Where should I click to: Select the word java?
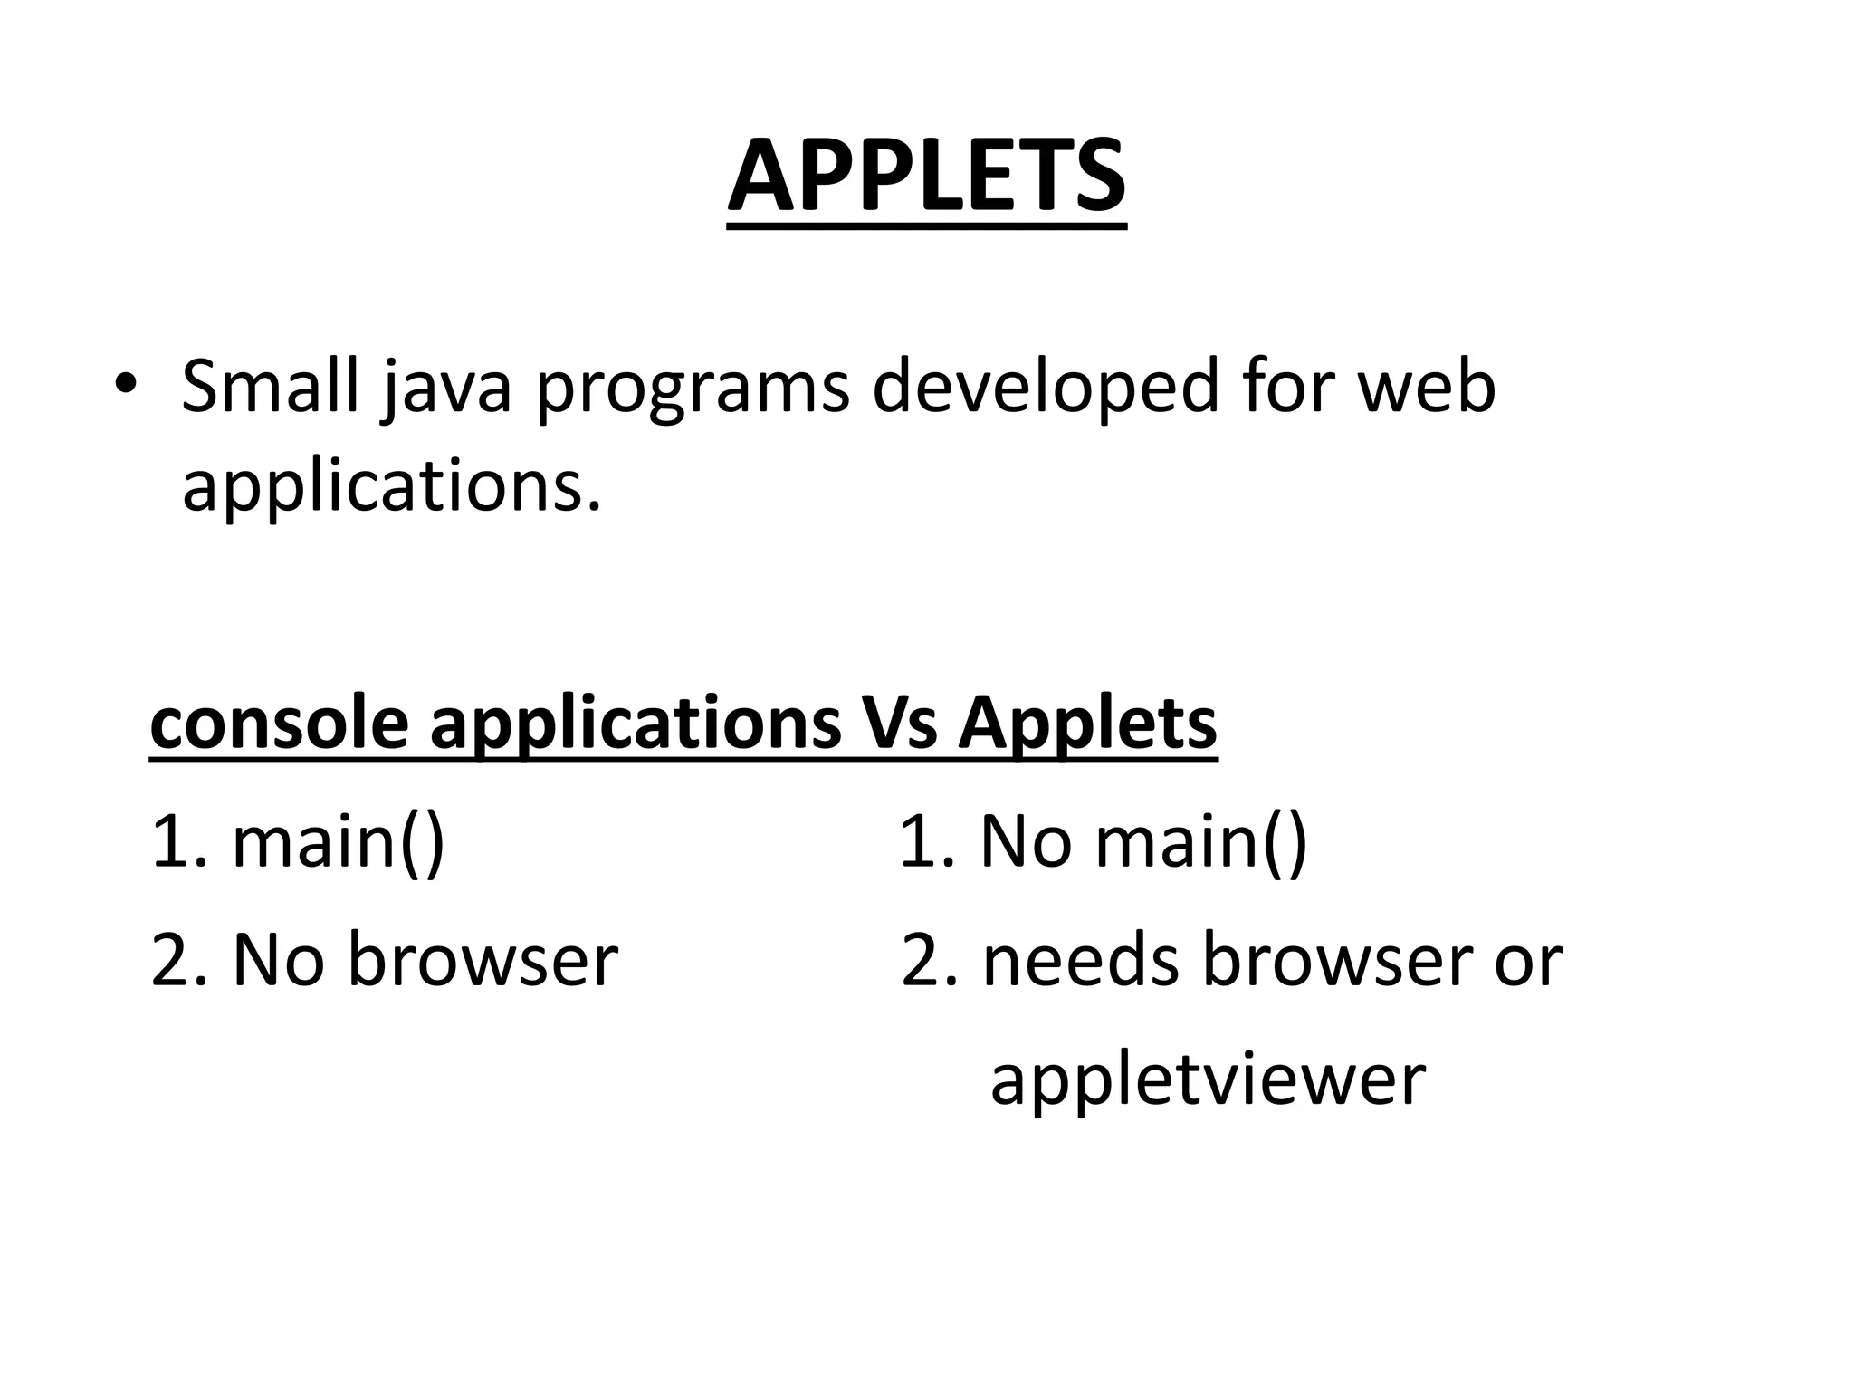point(446,388)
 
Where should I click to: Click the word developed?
point(1045,388)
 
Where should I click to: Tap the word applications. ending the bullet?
point(391,486)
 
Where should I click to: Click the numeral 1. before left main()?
point(178,841)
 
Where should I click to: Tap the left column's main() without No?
point(338,843)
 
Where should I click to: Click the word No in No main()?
point(1026,841)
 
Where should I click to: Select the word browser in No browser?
point(483,960)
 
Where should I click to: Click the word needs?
point(1081,960)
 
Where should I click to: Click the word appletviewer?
point(1208,1079)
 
